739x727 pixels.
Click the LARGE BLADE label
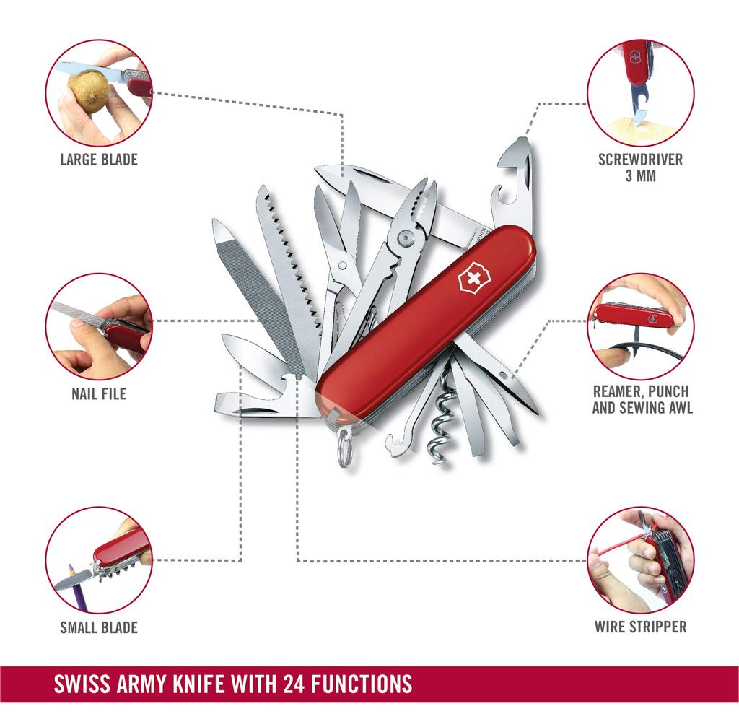tap(98, 159)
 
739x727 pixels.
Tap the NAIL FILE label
tap(98, 393)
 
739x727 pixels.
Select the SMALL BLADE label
tap(98, 627)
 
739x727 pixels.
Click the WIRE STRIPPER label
tap(640, 627)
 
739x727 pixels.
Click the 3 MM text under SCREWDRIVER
tap(640, 175)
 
